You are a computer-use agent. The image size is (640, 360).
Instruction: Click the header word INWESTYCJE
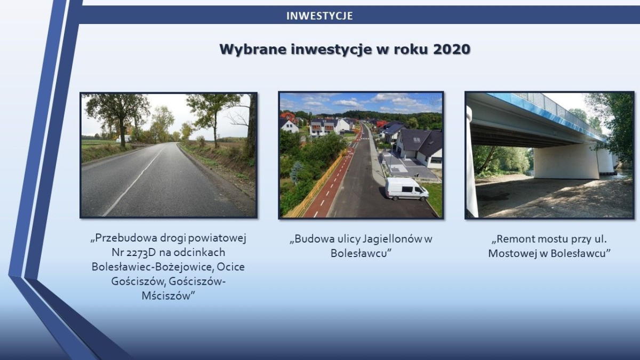[x=319, y=16]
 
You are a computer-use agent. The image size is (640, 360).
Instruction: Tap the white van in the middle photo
[x=406, y=189]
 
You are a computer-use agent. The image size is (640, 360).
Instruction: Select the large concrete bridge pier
[x=565, y=161]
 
